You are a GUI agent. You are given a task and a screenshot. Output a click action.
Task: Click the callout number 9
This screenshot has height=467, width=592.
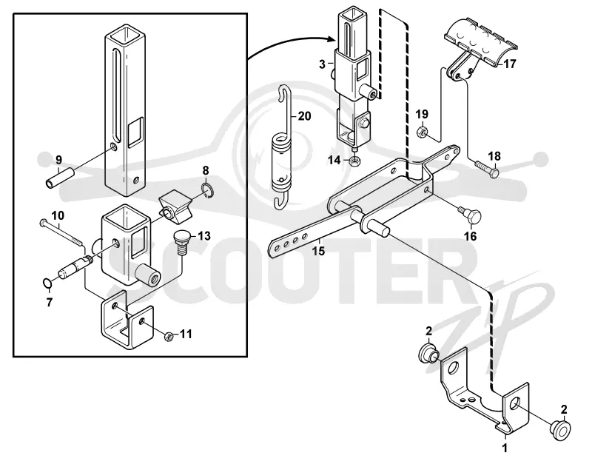pyautogui.click(x=58, y=160)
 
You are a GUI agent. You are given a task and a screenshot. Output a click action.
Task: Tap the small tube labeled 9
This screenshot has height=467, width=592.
pyautogui.click(x=58, y=178)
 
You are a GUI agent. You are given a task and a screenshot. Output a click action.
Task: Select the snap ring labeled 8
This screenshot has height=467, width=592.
pyautogui.click(x=207, y=189)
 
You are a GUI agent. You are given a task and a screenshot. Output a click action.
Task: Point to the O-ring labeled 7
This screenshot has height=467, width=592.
pyautogui.click(x=47, y=283)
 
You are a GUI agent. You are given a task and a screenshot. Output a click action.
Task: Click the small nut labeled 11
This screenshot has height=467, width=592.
pyautogui.click(x=169, y=336)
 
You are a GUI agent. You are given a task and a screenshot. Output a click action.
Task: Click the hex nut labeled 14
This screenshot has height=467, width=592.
pyautogui.click(x=354, y=161)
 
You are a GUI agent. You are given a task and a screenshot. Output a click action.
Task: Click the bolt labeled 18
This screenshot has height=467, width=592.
pyautogui.click(x=485, y=169)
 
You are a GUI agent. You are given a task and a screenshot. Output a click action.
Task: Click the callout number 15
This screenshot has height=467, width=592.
pyautogui.click(x=318, y=251)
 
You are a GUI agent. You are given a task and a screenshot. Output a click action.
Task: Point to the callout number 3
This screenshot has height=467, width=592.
pyautogui.click(x=322, y=64)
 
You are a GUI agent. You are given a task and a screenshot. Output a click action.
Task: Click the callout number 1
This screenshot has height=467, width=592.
pyautogui.click(x=505, y=448)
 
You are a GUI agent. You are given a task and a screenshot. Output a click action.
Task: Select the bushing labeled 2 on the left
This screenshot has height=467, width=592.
pyautogui.click(x=428, y=354)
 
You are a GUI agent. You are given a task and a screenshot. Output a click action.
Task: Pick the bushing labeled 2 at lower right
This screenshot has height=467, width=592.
pyautogui.click(x=561, y=430)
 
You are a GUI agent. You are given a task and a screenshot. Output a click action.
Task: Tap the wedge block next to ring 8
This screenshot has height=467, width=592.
pyautogui.click(x=174, y=206)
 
